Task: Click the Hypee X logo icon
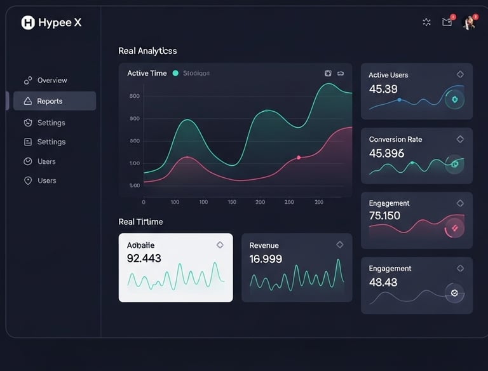[x=28, y=23]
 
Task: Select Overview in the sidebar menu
[x=51, y=81]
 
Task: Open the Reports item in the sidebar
[x=50, y=101]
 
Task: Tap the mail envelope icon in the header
[x=447, y=22]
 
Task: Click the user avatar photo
[x=469, y=23]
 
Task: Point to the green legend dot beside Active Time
[x=175, y=73]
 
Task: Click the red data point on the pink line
[x=299, y=158]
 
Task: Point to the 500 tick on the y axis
[x=135, y=119]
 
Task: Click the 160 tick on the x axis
[x=232, y=202]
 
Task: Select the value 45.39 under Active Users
[x=383, y=89]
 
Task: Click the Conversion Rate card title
[x=395, y=139]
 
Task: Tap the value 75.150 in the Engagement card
[x=384, y=216]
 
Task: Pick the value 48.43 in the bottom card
[x=383, y=282]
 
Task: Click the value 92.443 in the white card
[x=144, y=259]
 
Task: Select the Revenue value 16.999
[x=266, y=259]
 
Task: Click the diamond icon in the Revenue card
[x=340, y=245]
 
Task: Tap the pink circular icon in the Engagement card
[x=454, y=228]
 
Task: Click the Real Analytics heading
[x=147, y=51]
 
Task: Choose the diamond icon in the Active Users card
[x=460, y=74]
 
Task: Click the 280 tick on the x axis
[x=289, y=202]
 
